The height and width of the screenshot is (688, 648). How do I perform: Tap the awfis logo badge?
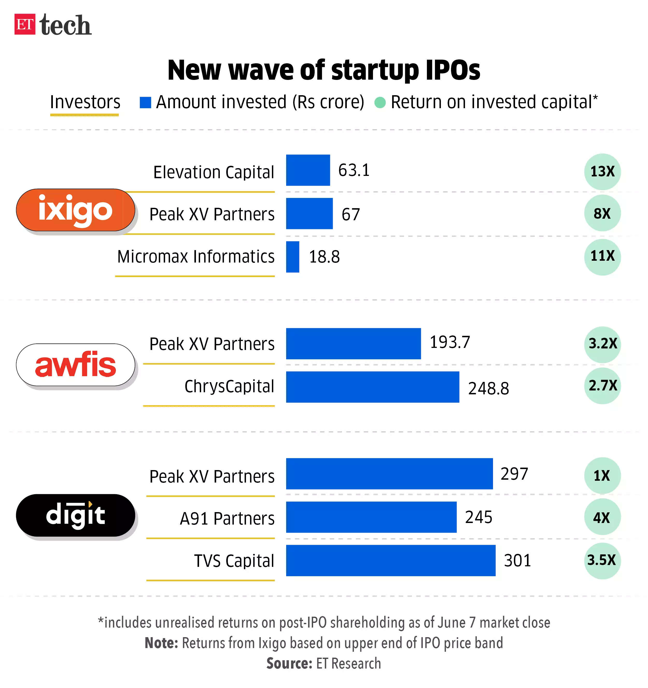[x=75, y=365]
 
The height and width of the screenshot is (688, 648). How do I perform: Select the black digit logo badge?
[x=75, y=515]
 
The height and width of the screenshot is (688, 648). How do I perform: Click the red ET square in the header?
[x=25, y=24]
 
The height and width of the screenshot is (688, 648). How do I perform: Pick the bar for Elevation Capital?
[x=308, y=170]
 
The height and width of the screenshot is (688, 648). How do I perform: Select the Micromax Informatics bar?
[x=293, y=257]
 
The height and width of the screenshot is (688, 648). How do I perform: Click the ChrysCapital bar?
[x=372, y=387]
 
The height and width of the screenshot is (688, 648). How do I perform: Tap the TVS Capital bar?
[x=390, y=560]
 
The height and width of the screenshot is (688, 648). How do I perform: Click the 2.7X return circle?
[x=602, y=386]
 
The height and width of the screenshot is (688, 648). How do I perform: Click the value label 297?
[x=514, y=474]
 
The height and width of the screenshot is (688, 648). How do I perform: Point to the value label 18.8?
[x=324, y=257]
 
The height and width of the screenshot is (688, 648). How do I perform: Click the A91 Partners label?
[x=227, y=518]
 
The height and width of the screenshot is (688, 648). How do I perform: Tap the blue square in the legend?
[x=145, y=102]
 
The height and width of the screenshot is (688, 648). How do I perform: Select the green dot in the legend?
[x=380, y=102]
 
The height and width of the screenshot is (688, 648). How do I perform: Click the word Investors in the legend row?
[x=85, y=102]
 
